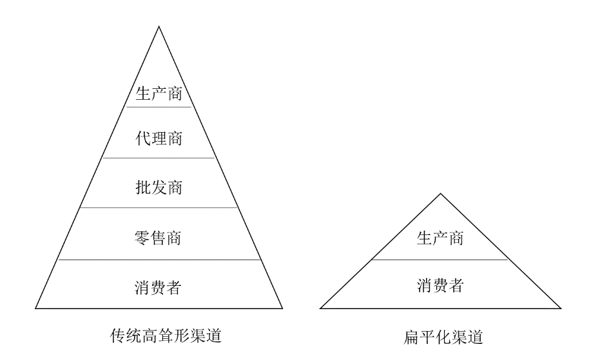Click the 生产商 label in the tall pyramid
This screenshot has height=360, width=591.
159,93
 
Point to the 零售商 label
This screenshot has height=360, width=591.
159,238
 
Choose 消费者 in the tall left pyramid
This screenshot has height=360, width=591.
159,287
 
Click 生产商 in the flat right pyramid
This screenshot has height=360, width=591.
440,238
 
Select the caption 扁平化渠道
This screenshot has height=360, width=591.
441,336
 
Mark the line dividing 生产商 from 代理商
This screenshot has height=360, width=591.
159,107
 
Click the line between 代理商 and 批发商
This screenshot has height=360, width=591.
159,158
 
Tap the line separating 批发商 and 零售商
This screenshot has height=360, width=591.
159,207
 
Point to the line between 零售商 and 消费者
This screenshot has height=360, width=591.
159,260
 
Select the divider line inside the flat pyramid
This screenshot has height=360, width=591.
440,260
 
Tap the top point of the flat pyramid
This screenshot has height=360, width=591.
440,193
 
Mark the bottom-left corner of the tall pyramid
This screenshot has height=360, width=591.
35,308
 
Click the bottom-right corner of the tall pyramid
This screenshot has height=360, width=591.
282,308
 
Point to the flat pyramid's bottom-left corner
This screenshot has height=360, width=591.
320,308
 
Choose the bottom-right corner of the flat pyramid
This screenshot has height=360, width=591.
560,308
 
